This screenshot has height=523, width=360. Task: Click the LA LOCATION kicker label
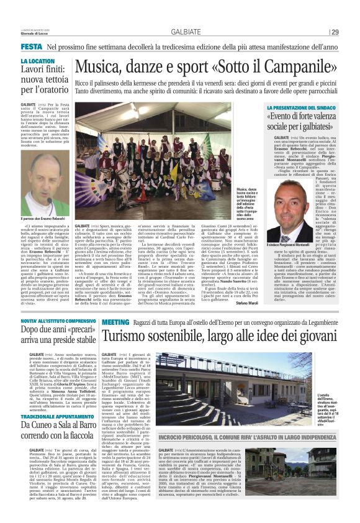pos(38,61)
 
